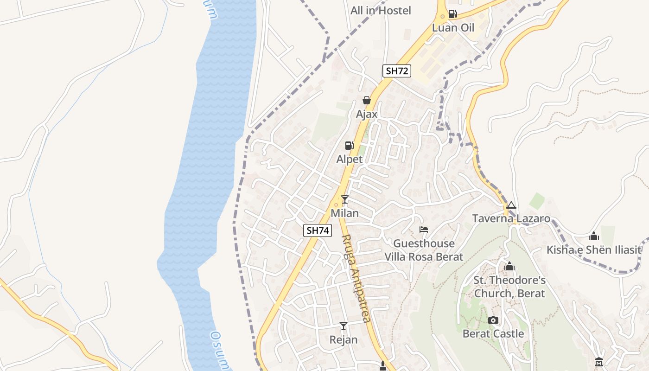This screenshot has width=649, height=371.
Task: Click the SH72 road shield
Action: [397, 71]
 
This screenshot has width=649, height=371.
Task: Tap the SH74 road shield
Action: [318, 230]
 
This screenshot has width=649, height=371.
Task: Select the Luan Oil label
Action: [453, 28]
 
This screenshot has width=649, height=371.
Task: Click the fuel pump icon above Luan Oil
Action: [453, 14]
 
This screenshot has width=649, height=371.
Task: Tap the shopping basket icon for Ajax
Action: [367, 100]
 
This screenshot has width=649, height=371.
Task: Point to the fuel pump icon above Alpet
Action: [350, 146]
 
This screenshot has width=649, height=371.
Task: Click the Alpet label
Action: [350, 159]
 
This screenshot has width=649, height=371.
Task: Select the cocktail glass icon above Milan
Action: [344, 199]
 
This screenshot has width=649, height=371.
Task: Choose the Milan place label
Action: [344, 213]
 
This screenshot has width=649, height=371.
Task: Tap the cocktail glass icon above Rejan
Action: [344, 326]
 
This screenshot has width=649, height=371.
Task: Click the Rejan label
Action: [344, 340]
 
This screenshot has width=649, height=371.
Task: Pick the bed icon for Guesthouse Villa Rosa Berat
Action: [423, 229]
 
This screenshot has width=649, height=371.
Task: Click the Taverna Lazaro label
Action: [511, 219]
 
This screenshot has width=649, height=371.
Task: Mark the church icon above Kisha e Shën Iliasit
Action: [594, 237]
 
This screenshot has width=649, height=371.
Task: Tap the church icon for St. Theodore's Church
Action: [509, 266]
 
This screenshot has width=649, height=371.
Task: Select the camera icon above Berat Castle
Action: [493, 320]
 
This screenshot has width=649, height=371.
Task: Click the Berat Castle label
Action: [493, 334]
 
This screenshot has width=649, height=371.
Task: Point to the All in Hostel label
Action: [381, 10]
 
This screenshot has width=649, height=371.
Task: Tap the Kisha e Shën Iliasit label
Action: [594, 250]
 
